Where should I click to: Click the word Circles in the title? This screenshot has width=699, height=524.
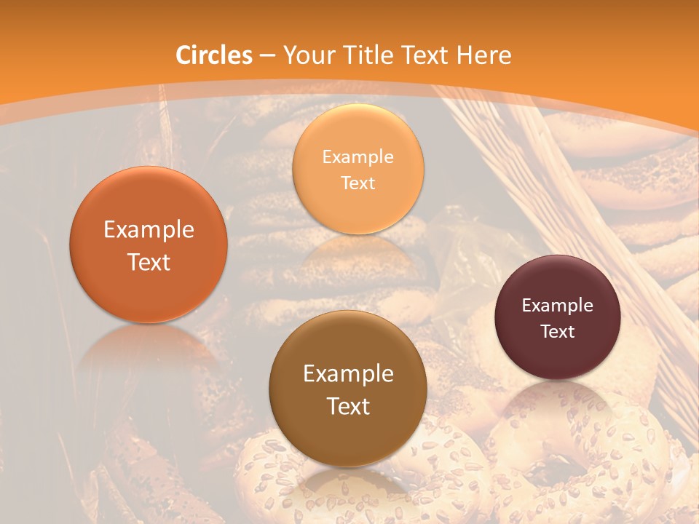click(x=214, y=55)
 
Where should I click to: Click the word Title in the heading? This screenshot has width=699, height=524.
click(x=366, y=55)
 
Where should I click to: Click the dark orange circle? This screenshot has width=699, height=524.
click(x=149, y=245)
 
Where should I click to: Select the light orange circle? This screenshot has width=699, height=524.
click(x=358, y=169)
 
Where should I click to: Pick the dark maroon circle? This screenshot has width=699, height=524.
click(x=557, y=317)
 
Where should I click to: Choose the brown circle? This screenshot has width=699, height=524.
click(x=348, y=389)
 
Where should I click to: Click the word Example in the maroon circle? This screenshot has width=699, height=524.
click(x=557, y=305)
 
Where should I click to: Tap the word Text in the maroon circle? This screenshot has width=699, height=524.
click(x=558, y=332)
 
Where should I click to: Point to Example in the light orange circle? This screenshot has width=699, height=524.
click(x=358, y=156)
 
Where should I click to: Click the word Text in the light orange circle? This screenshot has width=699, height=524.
click(x=358, y=183)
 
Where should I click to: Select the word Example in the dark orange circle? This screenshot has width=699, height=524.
click(x=149, y=230)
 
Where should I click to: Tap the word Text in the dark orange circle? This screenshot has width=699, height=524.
click(x=149, y=262)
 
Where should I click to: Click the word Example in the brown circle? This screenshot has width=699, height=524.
click(x=348, y=374)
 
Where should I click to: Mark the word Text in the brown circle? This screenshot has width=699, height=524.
click(x=348, y=406)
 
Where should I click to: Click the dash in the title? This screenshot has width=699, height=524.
click(x=267, y=56)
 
